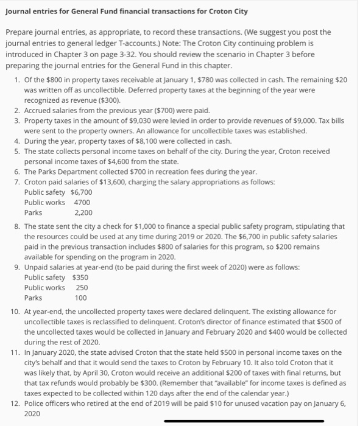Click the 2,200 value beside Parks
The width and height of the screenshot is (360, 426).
pos(83,213)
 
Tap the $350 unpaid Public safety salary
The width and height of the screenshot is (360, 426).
pos(80,277)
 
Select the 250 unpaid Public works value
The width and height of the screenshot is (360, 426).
pos(82,287)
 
